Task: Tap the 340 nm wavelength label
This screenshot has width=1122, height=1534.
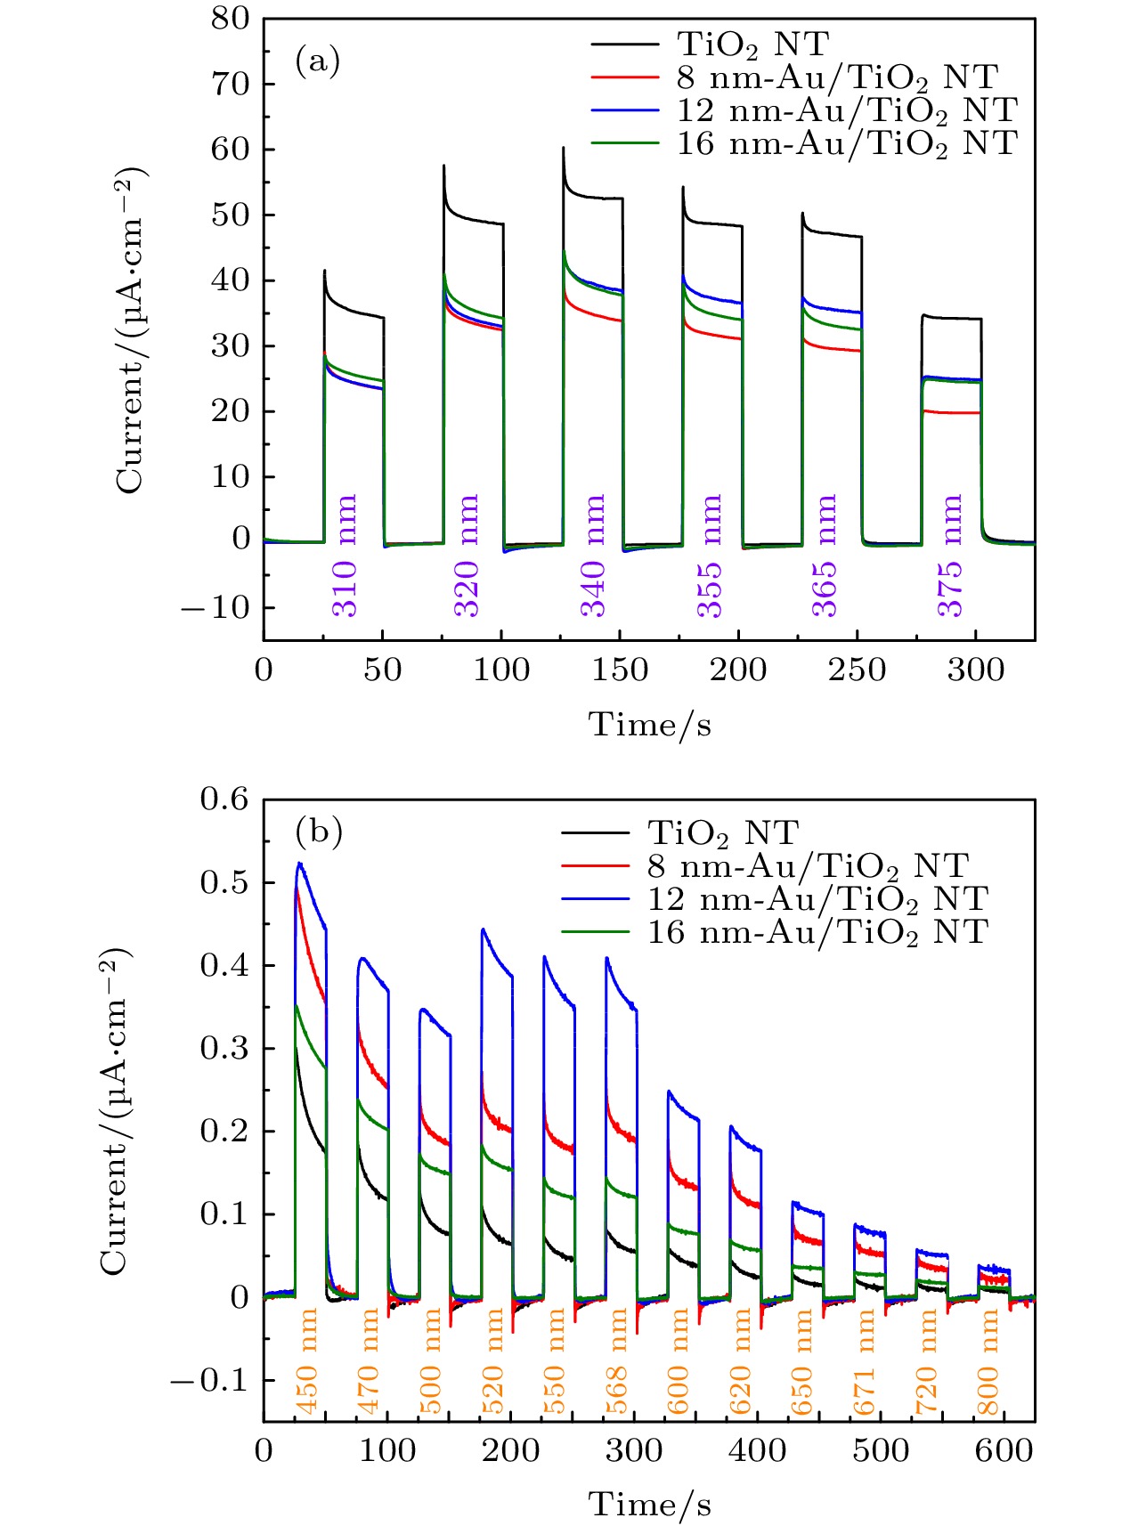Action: click(593, 556)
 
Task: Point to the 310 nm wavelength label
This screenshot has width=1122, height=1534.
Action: click(345, 556)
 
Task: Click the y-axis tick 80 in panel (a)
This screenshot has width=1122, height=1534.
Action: click(231, 19)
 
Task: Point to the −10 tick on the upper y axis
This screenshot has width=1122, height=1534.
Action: click(215, 608)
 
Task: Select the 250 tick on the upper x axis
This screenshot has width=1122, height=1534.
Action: click(857, 670)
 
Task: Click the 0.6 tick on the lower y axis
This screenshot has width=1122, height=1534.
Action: click(224, 799)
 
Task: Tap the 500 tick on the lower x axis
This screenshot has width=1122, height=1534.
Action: click(881, 1451)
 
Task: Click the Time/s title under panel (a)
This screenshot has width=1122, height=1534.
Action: click(649, 725)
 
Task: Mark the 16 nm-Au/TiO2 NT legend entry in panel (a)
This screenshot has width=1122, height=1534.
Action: click(846, 142)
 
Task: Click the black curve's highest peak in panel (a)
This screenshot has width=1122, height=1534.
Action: click(563, 149)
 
